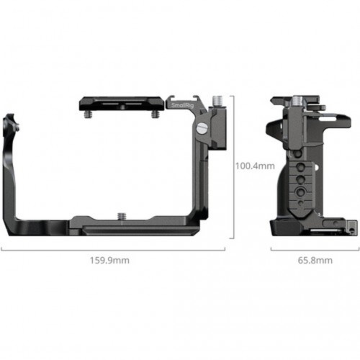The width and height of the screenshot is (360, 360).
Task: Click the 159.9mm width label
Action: pos(109,261)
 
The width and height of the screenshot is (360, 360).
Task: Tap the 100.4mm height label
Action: pos(255,166)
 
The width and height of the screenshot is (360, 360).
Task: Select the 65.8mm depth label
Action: pos(315,261)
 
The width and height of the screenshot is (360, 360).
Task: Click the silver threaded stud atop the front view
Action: pos(217,102)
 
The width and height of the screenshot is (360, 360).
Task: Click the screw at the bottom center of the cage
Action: pos(122,216)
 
